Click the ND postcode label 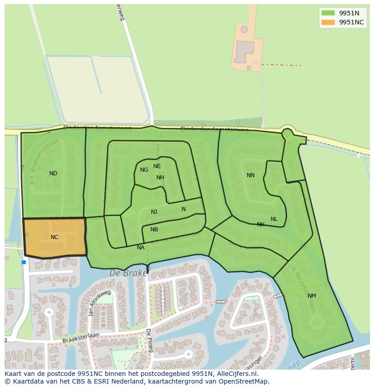(53, 173)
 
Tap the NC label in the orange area (54, 237)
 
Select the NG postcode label (144, 170)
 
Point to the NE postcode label (157, 166)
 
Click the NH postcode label (160, 178)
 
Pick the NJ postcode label (154, 212)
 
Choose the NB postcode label (154, 230)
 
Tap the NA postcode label (140, 248)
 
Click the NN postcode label (251, 175)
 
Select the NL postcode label (274, 219)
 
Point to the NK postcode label (261, 225)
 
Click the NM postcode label (312, 296)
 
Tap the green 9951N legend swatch (328, 13)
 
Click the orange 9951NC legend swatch (328, 23)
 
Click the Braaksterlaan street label (80, 337)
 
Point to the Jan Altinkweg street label (100, 303)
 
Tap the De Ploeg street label (149, 340)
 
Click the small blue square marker (24, 262)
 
